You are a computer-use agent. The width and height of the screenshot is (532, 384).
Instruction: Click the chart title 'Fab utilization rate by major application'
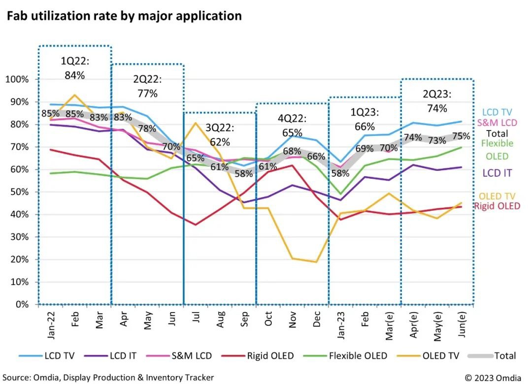point(124,16)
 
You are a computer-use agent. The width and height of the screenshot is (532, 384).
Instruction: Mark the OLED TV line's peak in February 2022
point(74,95)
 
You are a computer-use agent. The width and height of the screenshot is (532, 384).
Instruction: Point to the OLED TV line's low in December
point(316,262)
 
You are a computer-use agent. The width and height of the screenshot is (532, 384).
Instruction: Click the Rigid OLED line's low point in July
point(195,225)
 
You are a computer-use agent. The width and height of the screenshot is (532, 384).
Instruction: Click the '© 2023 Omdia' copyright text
point(494,378)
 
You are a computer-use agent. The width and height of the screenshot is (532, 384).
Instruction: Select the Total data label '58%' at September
point(243,173)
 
